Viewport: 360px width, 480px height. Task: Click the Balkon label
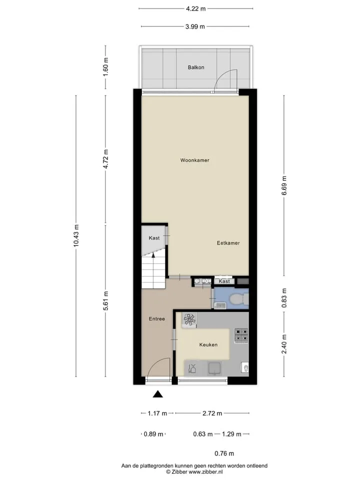(196, 67)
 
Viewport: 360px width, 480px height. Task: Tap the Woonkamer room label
(194, 160)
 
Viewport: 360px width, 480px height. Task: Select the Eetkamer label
(228, 243)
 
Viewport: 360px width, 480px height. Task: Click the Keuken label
(208, 344)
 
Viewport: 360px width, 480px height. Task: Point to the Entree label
(156, 318)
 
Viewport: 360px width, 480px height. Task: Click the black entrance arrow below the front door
(158, 394)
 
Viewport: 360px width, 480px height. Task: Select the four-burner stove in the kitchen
(241, 335)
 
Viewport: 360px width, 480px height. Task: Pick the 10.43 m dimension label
(76, 235)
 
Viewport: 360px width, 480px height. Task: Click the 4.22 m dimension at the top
(195, 9)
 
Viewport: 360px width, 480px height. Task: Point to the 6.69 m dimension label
(284, 186)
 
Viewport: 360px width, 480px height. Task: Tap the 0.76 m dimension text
(224, 453)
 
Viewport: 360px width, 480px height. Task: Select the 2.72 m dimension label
(212, 413)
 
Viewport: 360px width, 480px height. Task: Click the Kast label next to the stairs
(154, 238)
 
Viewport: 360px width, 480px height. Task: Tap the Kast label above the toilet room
(224, 281)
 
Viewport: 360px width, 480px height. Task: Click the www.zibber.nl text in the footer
(205, 472)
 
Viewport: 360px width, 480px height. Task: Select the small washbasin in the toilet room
(220, 305)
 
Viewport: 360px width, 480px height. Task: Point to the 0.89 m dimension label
(153, 434)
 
